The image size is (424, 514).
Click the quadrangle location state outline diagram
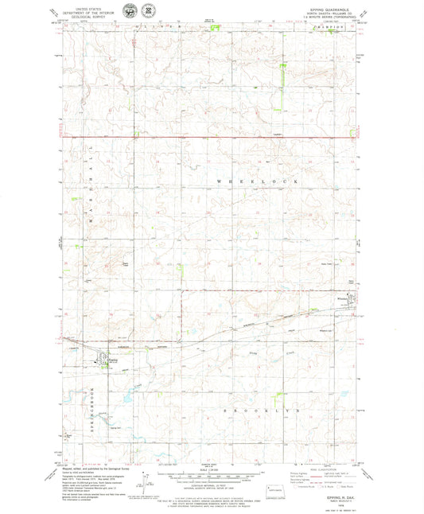click(276, 475)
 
